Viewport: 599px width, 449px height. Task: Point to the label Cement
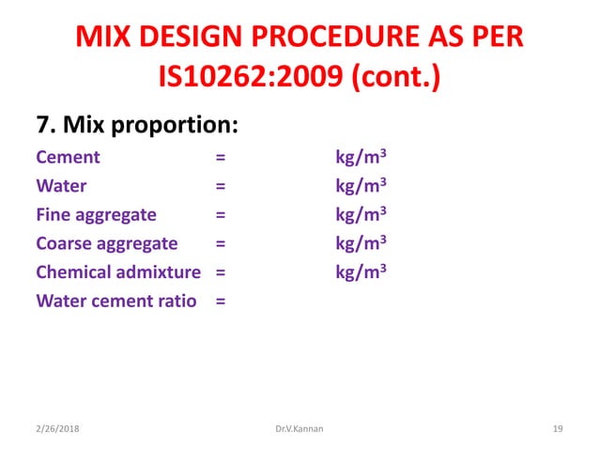(x=68, y=157)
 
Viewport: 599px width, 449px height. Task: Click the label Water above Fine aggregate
(x=62, y=186)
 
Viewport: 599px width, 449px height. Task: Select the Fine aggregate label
(x=96, y=215)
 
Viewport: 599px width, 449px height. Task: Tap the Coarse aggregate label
(x=106, y=244)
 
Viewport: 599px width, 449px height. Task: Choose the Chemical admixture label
(x=118, y=272)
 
